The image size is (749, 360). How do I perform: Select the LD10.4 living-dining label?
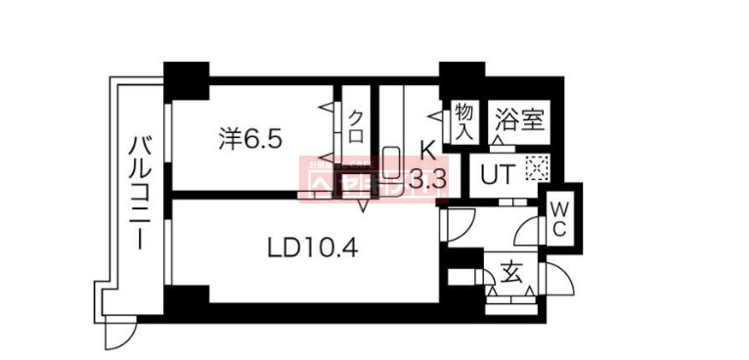tap(312, 249)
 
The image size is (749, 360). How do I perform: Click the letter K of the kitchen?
tap(426, 150)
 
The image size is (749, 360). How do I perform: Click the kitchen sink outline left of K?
tap(391, 160)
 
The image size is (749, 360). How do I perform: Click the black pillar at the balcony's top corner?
tap(186, 77)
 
